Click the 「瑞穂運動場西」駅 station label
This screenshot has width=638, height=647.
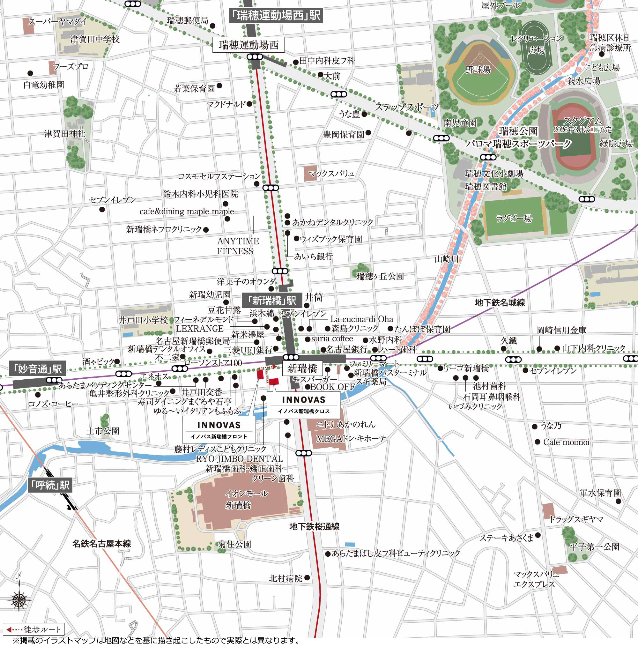tap(276, 15)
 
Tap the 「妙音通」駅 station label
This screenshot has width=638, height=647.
tap(38, 369)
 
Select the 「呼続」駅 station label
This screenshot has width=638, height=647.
tap(50, 485)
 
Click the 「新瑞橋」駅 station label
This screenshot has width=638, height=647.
tap(272, 301)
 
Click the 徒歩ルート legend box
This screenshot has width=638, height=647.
tap(33, 629)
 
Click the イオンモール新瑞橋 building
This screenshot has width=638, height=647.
tap(246, 499)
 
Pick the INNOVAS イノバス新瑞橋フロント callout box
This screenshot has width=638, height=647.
tap(219, 429)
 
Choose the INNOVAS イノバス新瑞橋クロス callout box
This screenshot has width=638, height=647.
tap(303, 405)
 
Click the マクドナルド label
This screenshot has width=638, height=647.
tap(226, 104)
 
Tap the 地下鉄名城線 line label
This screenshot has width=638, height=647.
tap(500, 303)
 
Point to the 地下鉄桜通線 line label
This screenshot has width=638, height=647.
tap(314, 526)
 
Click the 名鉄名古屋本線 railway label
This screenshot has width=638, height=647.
tap(101, 544)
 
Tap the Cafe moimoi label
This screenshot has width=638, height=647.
tap(566, 442)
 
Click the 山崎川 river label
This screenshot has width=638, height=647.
tap(446, 259)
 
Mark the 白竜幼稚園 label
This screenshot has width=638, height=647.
tap(43, 85)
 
